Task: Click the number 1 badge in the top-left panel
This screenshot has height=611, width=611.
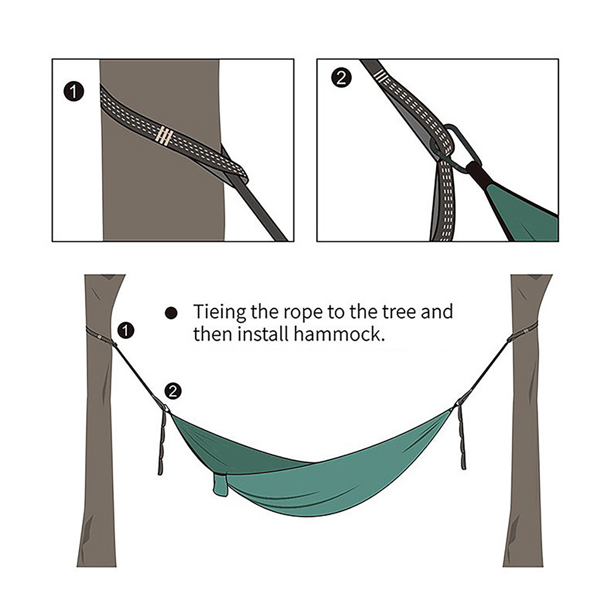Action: coord(74,92)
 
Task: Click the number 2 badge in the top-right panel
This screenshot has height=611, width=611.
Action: coord(341,78)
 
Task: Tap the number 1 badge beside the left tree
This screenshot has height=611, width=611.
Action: coord(126,330)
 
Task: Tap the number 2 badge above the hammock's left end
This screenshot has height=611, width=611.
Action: coord(173,391)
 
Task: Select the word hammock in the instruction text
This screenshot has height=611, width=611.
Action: coord(339,334)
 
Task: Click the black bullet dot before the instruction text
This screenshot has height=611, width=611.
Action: coord(171,313)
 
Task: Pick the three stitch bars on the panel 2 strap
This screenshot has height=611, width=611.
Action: coord(381,76)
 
